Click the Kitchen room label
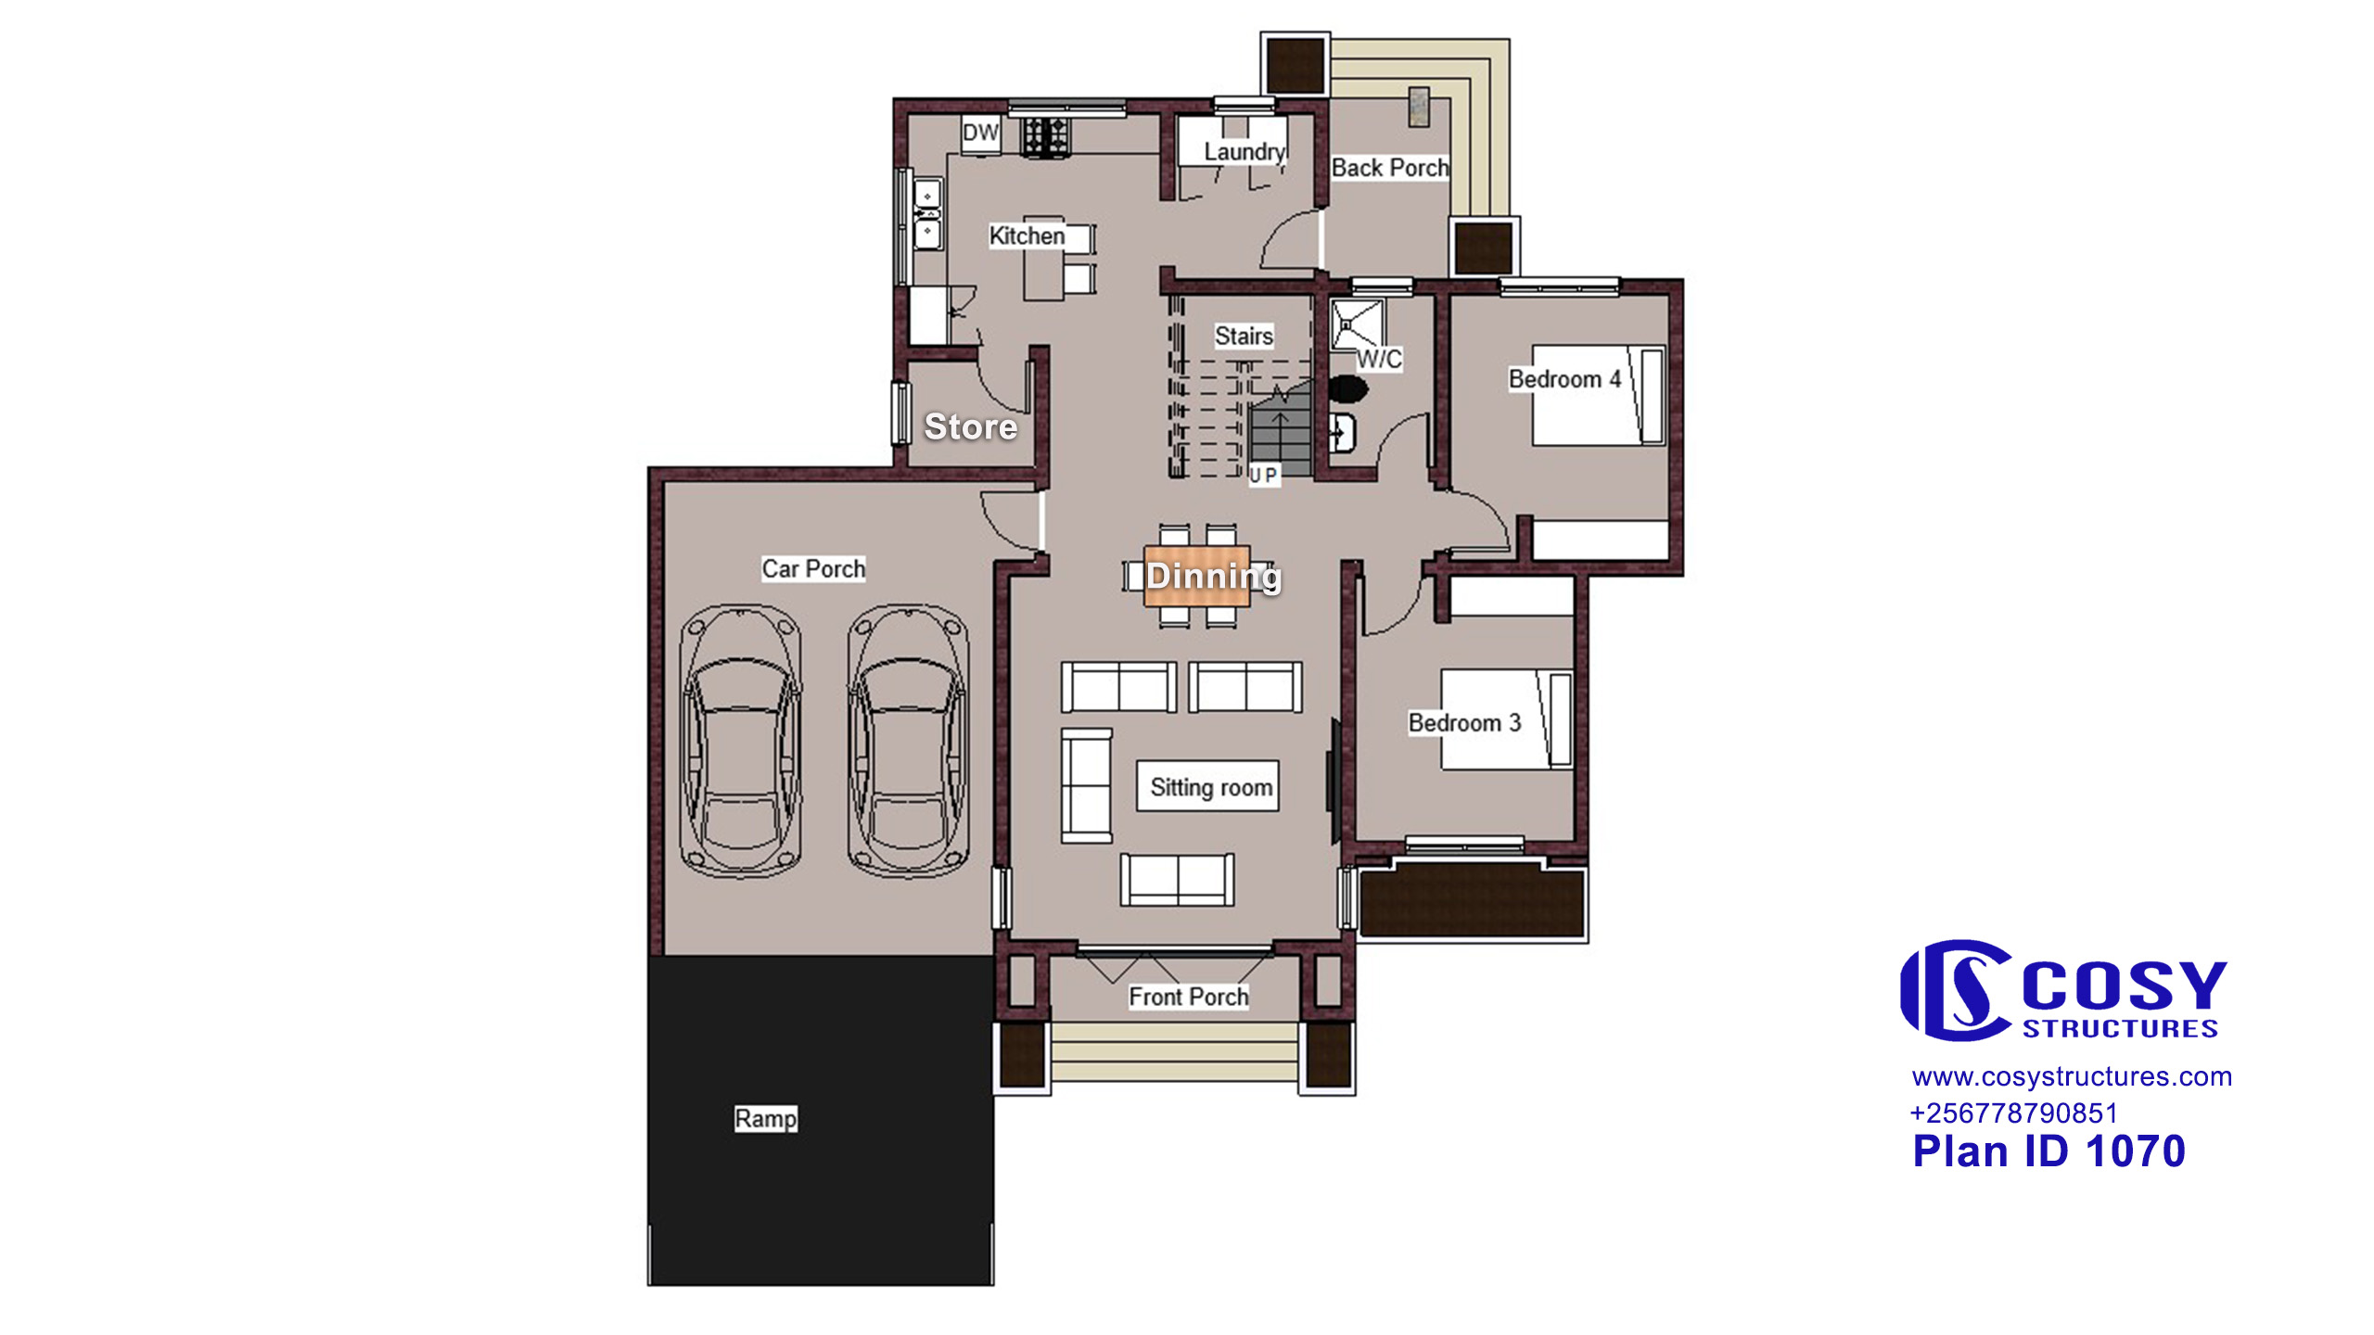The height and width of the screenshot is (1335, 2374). [x=1027, y=235]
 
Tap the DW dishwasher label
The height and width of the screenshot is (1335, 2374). [x=980, y=133]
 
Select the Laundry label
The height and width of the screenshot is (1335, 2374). [x=1244, y=152]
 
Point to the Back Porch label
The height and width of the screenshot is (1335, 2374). [x=1389, y=168]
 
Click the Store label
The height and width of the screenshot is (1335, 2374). [x=971, y=426]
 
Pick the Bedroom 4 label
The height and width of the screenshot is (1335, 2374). [x=1564, y=379]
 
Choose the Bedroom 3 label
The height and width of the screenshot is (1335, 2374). [x=1464, y=722]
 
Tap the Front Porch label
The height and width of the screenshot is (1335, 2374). [x=1188, y=997]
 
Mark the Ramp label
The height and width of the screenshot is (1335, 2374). [x=765, y=1118]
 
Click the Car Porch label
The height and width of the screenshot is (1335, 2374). [x=813, y=568]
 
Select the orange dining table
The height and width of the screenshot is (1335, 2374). [x=1197, y=576]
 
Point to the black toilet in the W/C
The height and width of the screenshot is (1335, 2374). [x=1347, y=388]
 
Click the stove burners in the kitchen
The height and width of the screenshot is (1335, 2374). [x=1045, y=136]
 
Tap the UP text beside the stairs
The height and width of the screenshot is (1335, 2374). [x=1263, y=475]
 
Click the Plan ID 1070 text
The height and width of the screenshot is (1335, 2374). [x=2049, y=1151]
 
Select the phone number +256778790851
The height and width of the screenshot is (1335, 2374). [x=2013, y=1112]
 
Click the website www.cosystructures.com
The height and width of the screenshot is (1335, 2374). [x=2072, y=1076]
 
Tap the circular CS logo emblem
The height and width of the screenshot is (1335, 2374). [x=1955, y=990]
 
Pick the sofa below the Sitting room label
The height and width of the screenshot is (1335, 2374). [x=1178, y=880]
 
